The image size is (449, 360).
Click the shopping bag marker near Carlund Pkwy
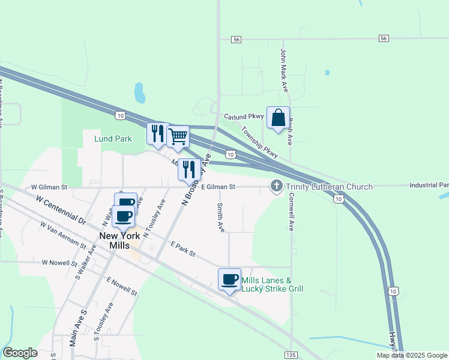(279, 118)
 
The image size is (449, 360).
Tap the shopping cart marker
(178, 137)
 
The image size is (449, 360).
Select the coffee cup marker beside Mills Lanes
(229, 280)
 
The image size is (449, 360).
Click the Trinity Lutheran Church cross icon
(277, 187)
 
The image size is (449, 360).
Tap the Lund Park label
(113, 139)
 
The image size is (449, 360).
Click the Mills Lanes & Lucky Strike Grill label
(272, 284)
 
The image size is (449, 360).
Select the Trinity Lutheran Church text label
(329, 187)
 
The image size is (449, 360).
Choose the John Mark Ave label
(284, 67)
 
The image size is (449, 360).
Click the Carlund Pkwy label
(244, 116)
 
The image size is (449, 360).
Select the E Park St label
(184, 250)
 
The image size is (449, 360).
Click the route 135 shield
(291, 355)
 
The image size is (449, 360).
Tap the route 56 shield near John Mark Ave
(384, 38)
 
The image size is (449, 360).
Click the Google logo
(20, 353)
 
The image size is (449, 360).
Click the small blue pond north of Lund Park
(139, 93)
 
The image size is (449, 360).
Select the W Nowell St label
(60, 263)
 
